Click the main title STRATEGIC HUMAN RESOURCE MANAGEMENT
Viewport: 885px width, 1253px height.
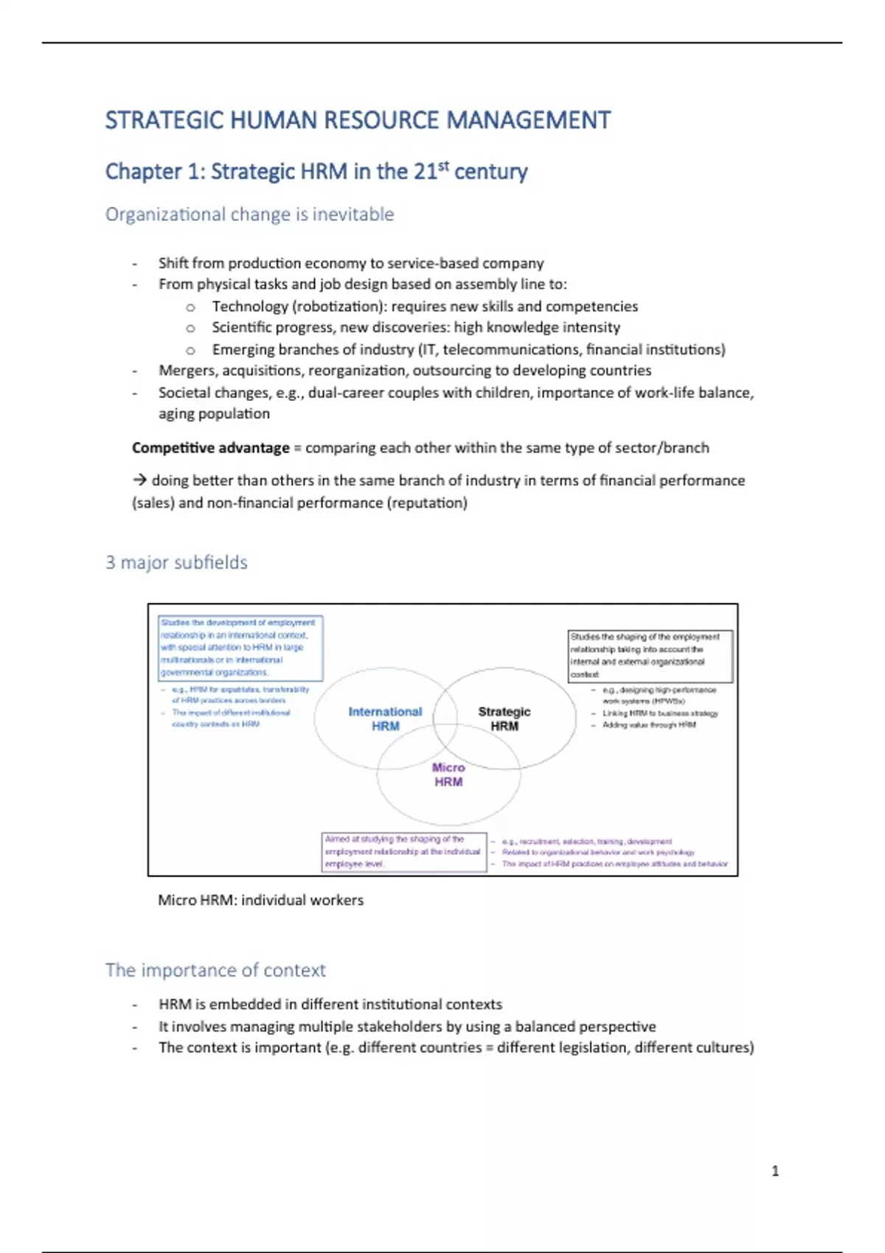(358, 120)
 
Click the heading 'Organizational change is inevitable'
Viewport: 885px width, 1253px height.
(249, 214)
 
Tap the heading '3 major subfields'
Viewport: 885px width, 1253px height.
(176, 562)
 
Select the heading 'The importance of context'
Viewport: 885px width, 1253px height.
(215, 970)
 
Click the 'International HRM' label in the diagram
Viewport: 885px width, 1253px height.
(385, 719)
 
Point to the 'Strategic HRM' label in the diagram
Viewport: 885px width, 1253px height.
(504, 719)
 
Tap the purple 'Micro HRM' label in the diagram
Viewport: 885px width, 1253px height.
(448, 775)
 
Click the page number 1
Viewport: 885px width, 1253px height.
(775, 1170)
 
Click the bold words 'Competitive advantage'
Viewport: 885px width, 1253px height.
(211, 448)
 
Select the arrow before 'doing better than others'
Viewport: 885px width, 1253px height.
(140, 481)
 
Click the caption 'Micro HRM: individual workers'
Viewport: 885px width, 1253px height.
(260, 900)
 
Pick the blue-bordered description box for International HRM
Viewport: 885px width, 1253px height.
(241, 648)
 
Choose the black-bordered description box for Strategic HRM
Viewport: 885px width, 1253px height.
(650, 656)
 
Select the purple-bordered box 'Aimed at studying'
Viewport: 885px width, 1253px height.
(404, 852)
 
